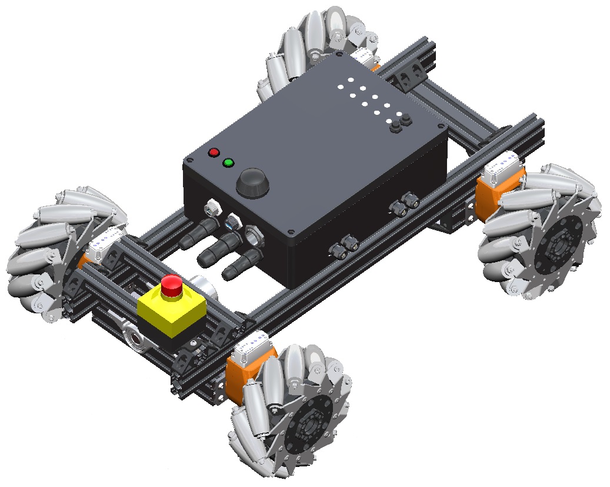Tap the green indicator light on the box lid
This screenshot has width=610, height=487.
pyautogui.click(x=229, y=163)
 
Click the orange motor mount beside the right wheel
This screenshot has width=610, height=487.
pyautogui.click(x=493, y=191)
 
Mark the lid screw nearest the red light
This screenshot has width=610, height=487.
pyautogui.click(x=190, y=160)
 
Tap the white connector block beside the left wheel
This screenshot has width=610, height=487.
pyautogui.click(x=107, y=241)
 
